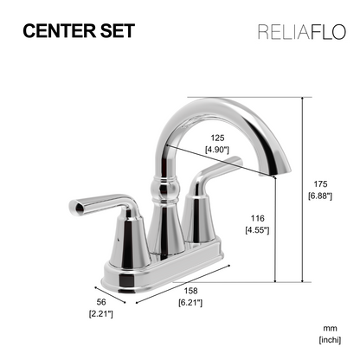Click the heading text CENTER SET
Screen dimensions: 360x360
78,31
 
